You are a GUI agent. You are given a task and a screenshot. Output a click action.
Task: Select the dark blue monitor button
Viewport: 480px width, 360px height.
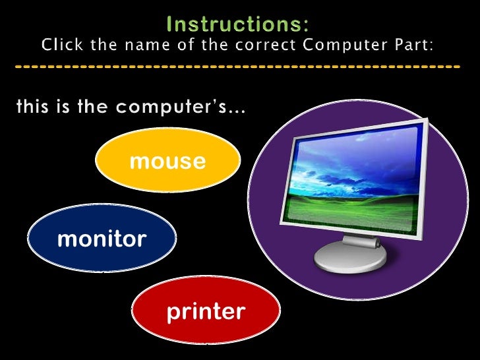pyautogui.click(x=102, y=238)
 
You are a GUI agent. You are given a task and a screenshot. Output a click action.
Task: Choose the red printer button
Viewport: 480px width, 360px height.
pyautogui.click(x=206, y=310)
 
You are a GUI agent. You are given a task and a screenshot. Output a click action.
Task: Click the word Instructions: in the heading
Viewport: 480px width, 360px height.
pyautogui.click(x=237, y=24)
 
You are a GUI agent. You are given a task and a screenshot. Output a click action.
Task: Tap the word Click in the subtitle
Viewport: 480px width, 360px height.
pyautogui.click(x=61, y=45)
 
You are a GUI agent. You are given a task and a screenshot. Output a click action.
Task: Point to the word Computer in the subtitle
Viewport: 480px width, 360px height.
pyautogui.click(x=347, y=45)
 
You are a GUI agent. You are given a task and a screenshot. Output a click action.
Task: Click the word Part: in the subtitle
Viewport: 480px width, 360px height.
pyautogui.click(x=416, y=45)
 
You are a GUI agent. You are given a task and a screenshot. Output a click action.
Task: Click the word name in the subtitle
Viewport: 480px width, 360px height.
pyautogui.click(x=169, y=45)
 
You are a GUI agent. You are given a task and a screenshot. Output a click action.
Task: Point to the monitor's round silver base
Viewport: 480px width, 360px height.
pyautogui.click(x=349, y=259)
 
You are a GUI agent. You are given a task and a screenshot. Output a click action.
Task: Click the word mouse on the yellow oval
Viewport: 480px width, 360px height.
pyautogui.click(x=167, y=160)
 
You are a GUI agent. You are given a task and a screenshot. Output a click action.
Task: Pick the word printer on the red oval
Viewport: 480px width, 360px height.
pyautogui.click(x=206, y=311)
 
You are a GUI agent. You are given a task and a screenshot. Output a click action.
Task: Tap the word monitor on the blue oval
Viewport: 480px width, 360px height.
pyautogui.click(x=102, y=239)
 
